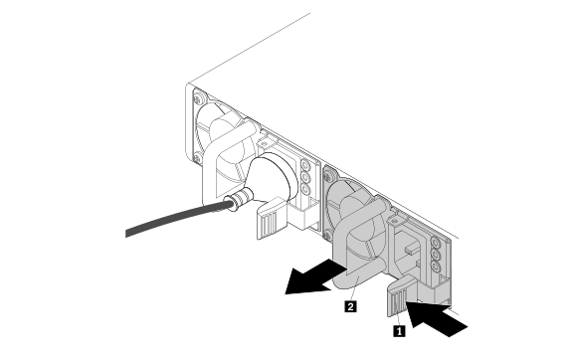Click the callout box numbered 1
399,330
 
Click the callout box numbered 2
350,306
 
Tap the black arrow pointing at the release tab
436,317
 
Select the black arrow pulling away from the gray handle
315,277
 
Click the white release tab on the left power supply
272,218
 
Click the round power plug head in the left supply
273,177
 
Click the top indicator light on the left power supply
305,164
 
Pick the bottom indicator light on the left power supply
305,189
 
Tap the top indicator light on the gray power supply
436,243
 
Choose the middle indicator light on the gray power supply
436,255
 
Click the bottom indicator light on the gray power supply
436,267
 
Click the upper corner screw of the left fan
199,97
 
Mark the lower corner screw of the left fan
197,158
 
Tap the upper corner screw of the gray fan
328,176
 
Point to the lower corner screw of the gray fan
326,235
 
